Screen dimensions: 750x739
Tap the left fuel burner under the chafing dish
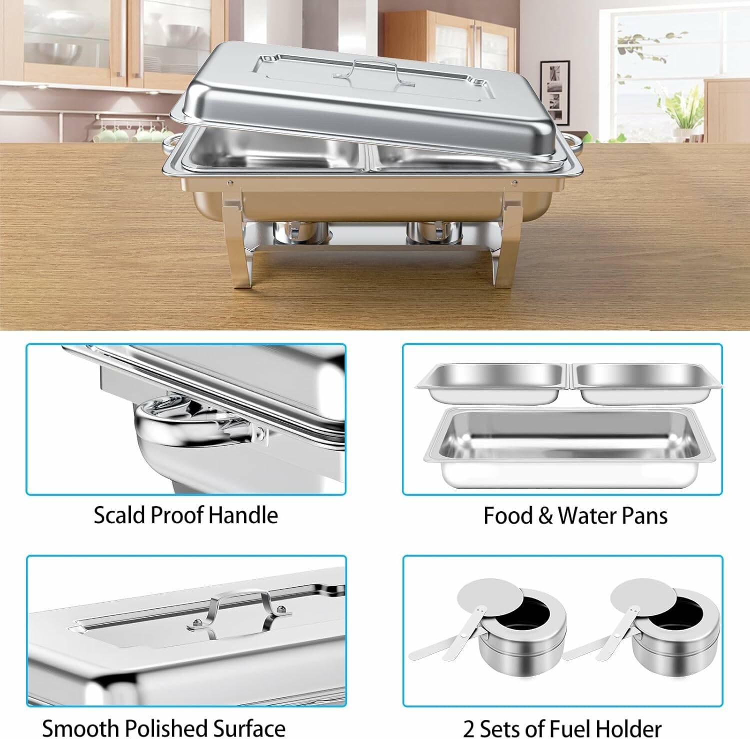[301, 234]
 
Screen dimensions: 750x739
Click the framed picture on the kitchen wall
[554, 92]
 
